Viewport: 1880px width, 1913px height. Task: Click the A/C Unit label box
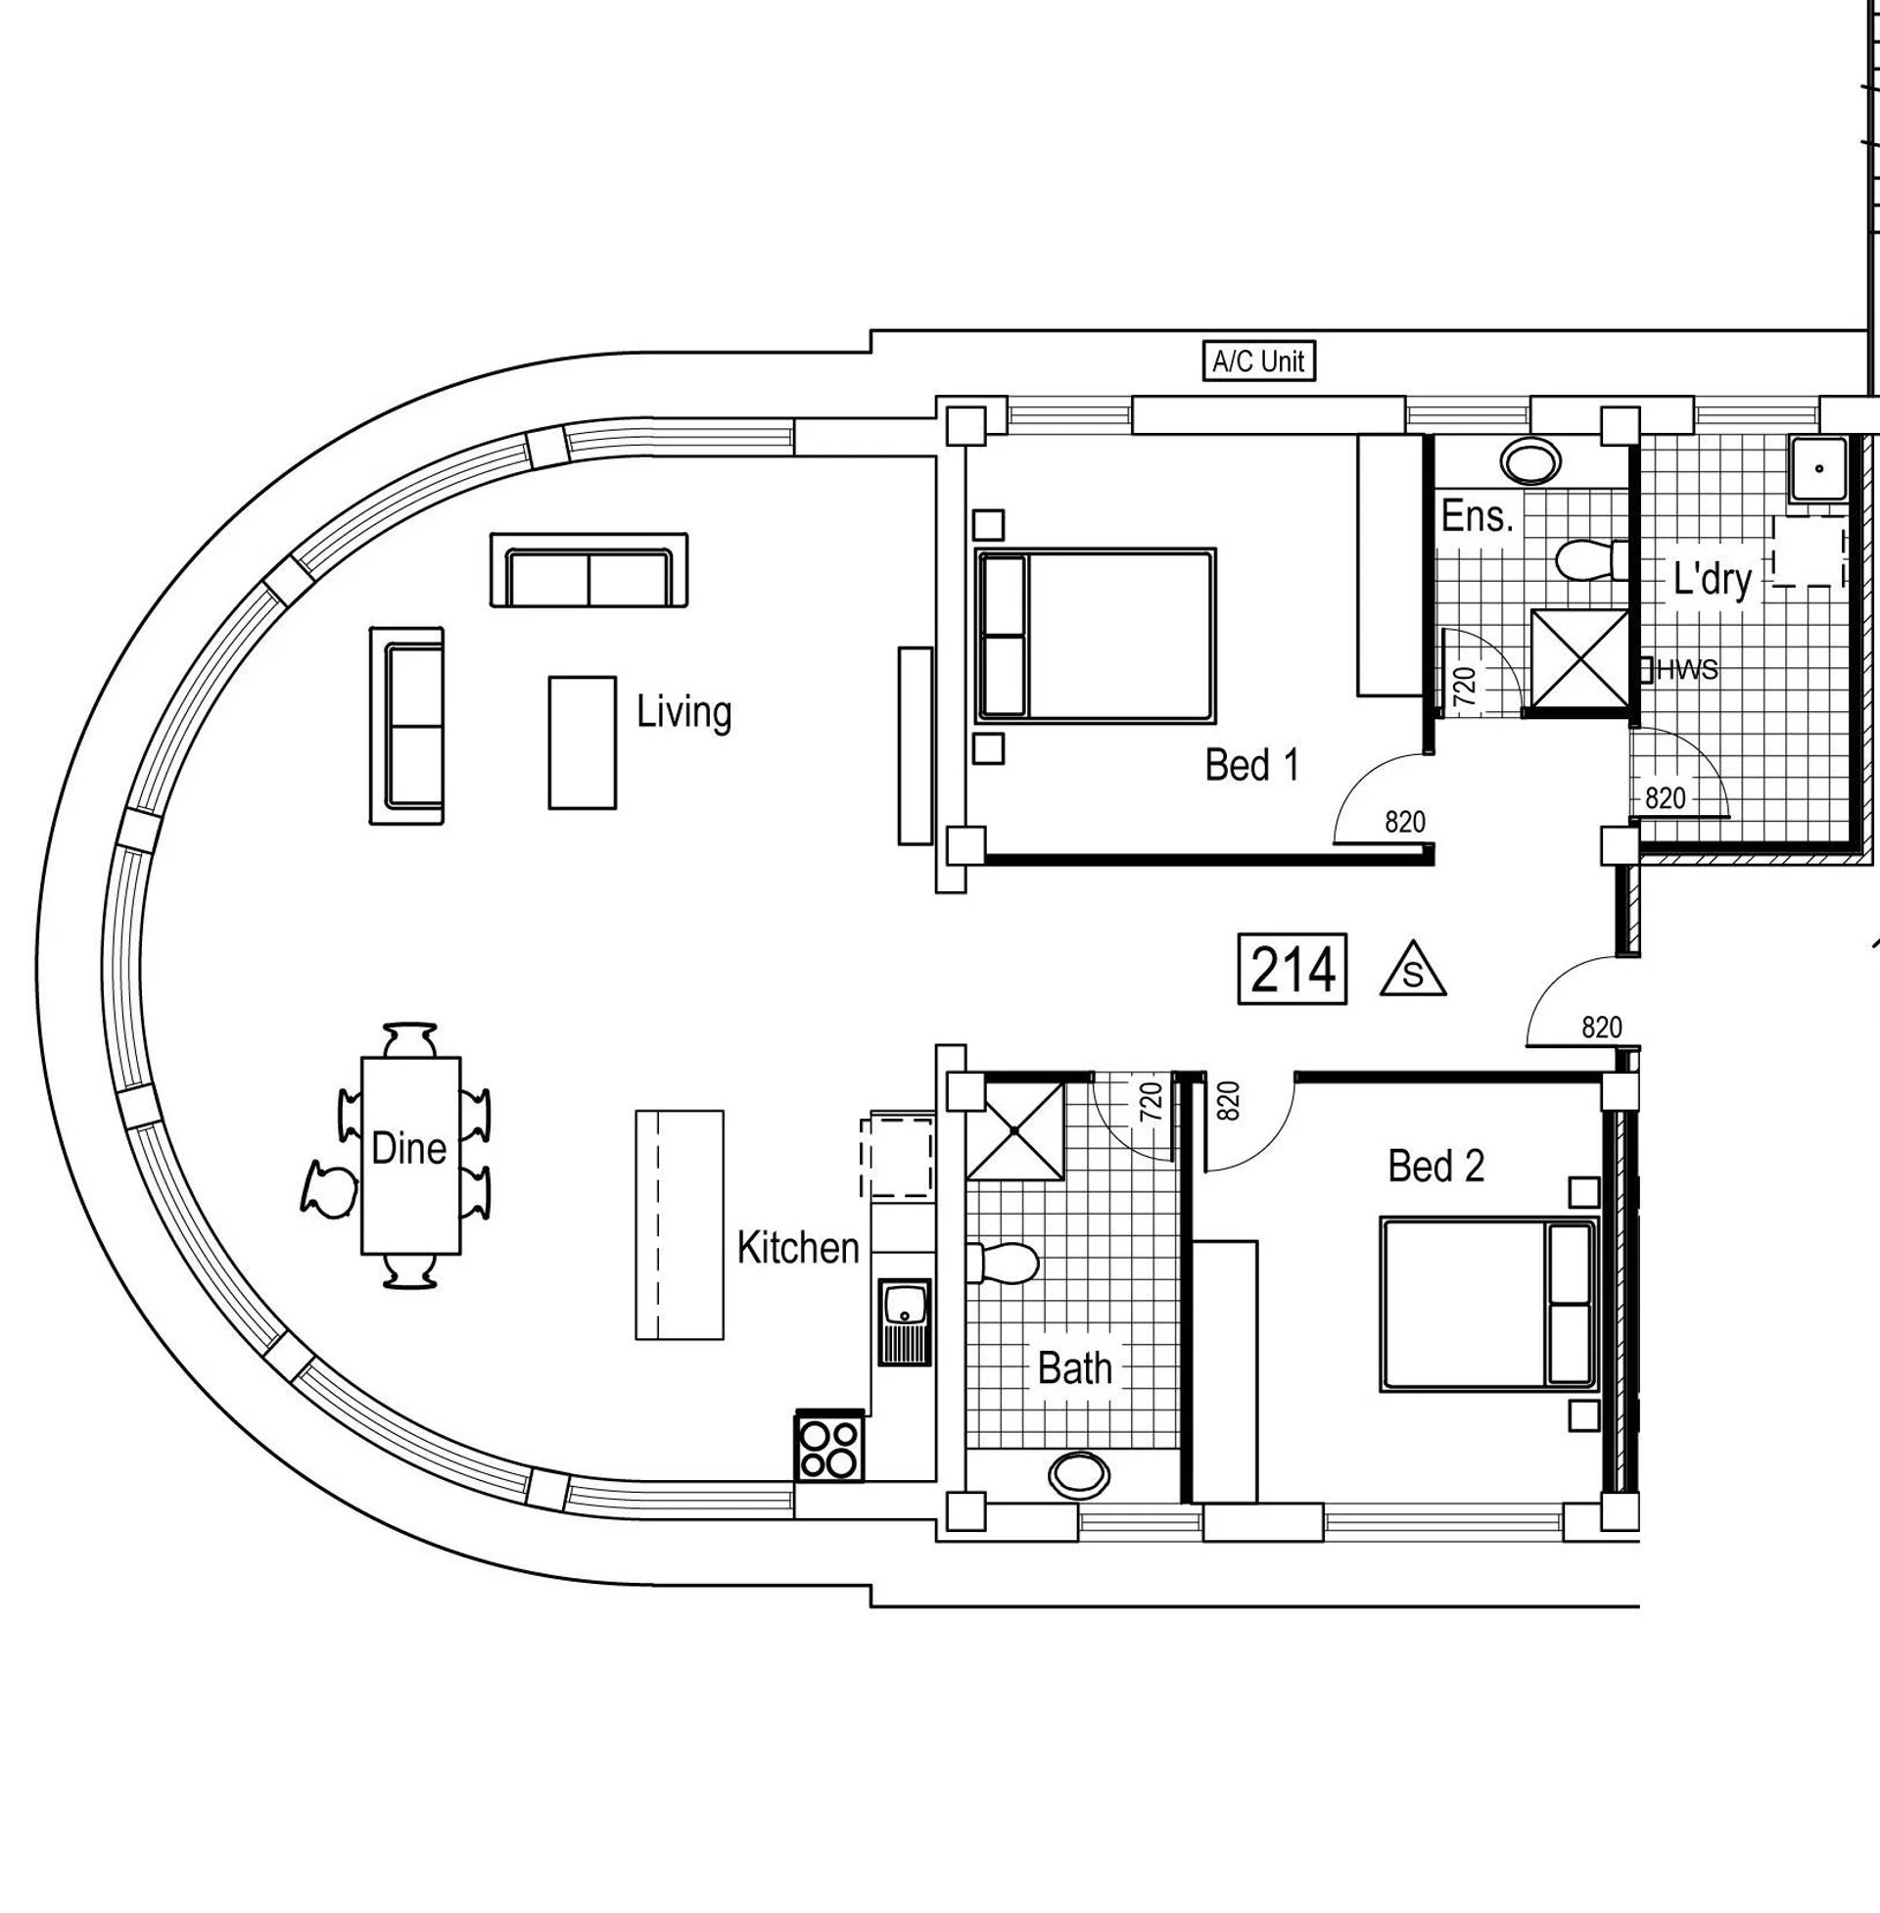(x=1258, y=361)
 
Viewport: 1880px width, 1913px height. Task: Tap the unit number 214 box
(x=1292, y=969)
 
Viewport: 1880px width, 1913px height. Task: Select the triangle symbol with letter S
(x=1413, y=970)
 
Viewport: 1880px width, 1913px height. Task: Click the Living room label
(x=683, y=712)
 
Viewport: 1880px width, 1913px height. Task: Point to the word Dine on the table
(x=408, y=1148)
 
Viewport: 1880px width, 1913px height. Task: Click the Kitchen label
(x=798, y=1248)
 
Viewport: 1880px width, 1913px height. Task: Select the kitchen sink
(x=905, y=1321)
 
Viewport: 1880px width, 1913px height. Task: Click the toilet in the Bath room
(x=1003, y=1263)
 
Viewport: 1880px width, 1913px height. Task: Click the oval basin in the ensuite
(x=1530, y=460)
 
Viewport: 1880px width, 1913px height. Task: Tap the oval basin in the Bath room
(x=1078, y=1475)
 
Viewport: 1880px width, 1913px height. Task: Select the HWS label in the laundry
(x=1686, y=671)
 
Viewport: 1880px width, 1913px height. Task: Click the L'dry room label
(x=1713, y=580)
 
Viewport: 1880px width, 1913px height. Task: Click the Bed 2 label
(x=1435, y=1167)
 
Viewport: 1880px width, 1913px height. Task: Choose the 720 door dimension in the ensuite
(x=1465, y=686)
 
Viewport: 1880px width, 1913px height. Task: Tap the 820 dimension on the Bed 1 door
(x=1405, y=822)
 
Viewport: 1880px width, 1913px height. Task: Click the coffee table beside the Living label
(x=583, y=742)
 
